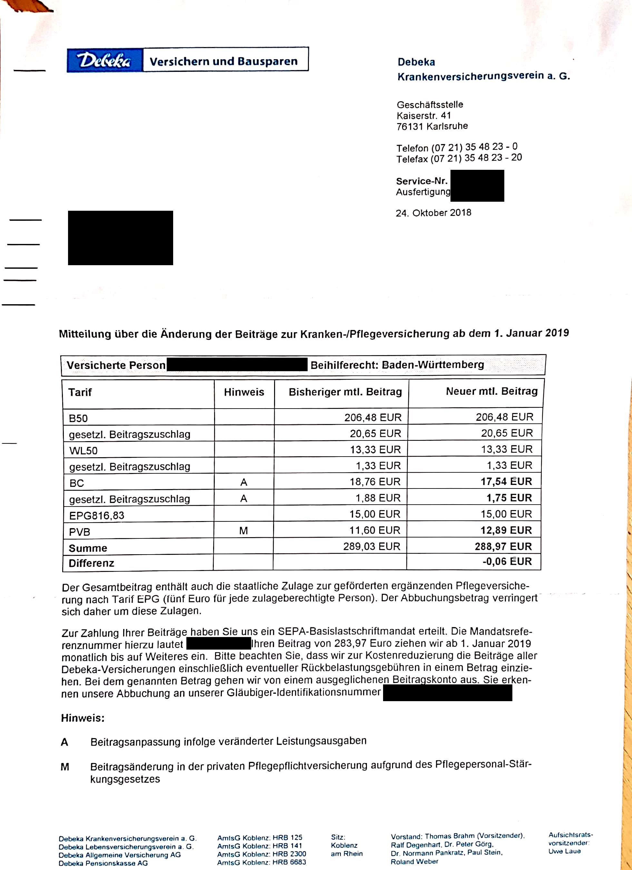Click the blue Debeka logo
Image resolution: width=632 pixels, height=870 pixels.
click(104, 60)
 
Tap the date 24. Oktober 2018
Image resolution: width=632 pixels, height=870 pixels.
click(433, 213)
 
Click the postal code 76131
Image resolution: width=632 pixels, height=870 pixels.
click(409, 127)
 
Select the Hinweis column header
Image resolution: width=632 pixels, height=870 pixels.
click(244, 392)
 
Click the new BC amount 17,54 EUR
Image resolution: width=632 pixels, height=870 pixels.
click(506, 481)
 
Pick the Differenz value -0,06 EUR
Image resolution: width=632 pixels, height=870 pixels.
click(507, 562)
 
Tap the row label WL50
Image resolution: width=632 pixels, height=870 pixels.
click(83, 450)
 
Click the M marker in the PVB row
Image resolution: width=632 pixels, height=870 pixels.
click(243, 530)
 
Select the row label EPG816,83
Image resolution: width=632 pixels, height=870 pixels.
click(97, 515)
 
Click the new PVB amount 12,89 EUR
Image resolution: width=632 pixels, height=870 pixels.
click(506, 530)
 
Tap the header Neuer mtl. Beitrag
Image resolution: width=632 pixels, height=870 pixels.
click(491, 391)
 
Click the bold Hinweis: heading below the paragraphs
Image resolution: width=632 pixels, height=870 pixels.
click(83, 718)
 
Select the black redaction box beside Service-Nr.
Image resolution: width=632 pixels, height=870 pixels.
click(477, 186)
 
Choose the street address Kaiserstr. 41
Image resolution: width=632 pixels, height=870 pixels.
click(424, 115)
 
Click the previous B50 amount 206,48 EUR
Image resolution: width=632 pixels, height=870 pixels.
click(372, 417)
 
